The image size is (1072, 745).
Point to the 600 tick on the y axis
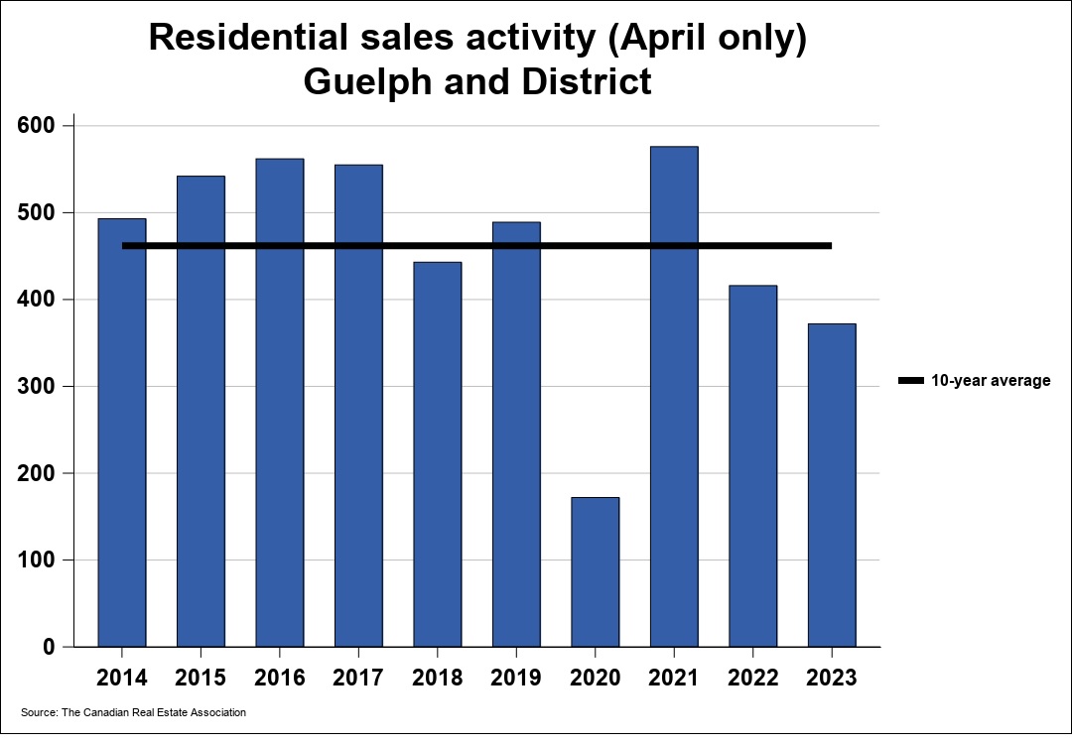pyautogui.click(x=40, y=126)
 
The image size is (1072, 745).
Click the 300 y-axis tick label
pyautogui.click(x=40, y=387)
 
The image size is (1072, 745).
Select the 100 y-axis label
pyautogui.click(x=40, y=560)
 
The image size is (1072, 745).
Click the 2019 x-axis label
pyautogui.click(x=516, y=679)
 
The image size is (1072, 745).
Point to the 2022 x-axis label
pyautogui.click(x=753, y=679)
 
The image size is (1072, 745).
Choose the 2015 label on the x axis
pyautogui.click(x=201, y=679)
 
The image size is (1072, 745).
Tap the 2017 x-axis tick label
pyautogui.click(x=358, y=679)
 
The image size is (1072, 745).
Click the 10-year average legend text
pyautogui.click(x=990, y=381)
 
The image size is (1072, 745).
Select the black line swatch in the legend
pyautogui.click(x=910, y=381)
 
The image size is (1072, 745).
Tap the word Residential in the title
pyautogui.click(x=245, y=38)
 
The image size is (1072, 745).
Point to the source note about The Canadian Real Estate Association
pyautogui.click(x=133, y=712)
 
